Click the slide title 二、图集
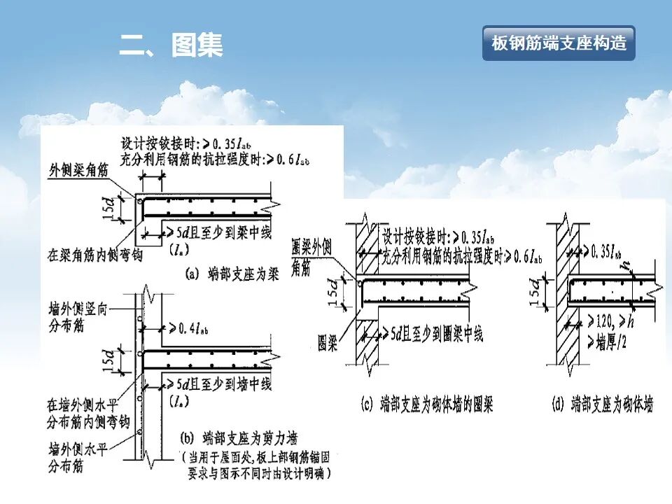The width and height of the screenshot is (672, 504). click(x=171, y=45)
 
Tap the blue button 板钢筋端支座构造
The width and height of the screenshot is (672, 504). click(x=558, y=43)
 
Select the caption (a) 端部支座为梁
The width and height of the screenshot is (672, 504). click(x=232, y=275)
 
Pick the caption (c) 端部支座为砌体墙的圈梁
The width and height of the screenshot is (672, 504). click(x=426, y=404)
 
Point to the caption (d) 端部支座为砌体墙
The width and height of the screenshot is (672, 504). click(x=601, y=404)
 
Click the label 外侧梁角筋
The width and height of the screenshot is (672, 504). click(x=79, y=170)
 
